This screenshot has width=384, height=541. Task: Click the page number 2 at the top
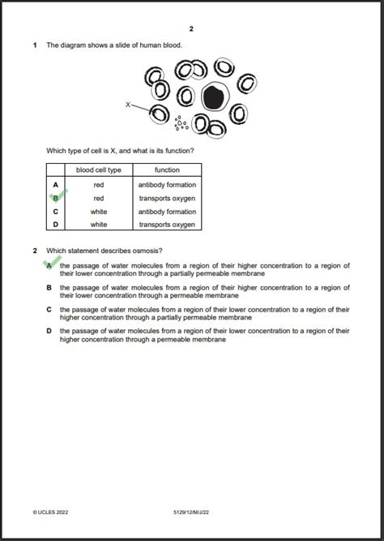point(191,29)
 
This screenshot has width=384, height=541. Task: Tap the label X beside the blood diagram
point(127,105)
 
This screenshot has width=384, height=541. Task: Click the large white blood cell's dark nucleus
point(214,97)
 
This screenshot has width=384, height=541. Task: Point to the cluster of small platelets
point(181,123)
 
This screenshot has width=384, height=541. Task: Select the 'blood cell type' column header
point(99,170)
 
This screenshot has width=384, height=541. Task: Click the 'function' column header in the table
point(167,170)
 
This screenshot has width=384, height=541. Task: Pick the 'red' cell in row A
point(99,185)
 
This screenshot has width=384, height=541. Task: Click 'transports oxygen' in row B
point(167,199)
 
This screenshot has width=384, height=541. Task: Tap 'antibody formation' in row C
point(167,212)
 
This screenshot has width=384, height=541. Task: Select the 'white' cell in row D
point(99,225)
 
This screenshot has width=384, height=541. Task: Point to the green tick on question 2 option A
point(52,263)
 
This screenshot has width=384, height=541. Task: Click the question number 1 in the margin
point(35,45)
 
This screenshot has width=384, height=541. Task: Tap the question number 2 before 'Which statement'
point(35,251)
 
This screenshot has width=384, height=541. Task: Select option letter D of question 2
point(49,331)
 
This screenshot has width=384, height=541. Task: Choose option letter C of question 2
point(49,310)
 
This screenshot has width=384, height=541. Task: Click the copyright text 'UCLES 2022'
point(50,512)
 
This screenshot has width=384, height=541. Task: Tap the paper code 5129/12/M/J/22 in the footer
point(191,512)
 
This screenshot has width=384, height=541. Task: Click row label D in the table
point(56,225)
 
